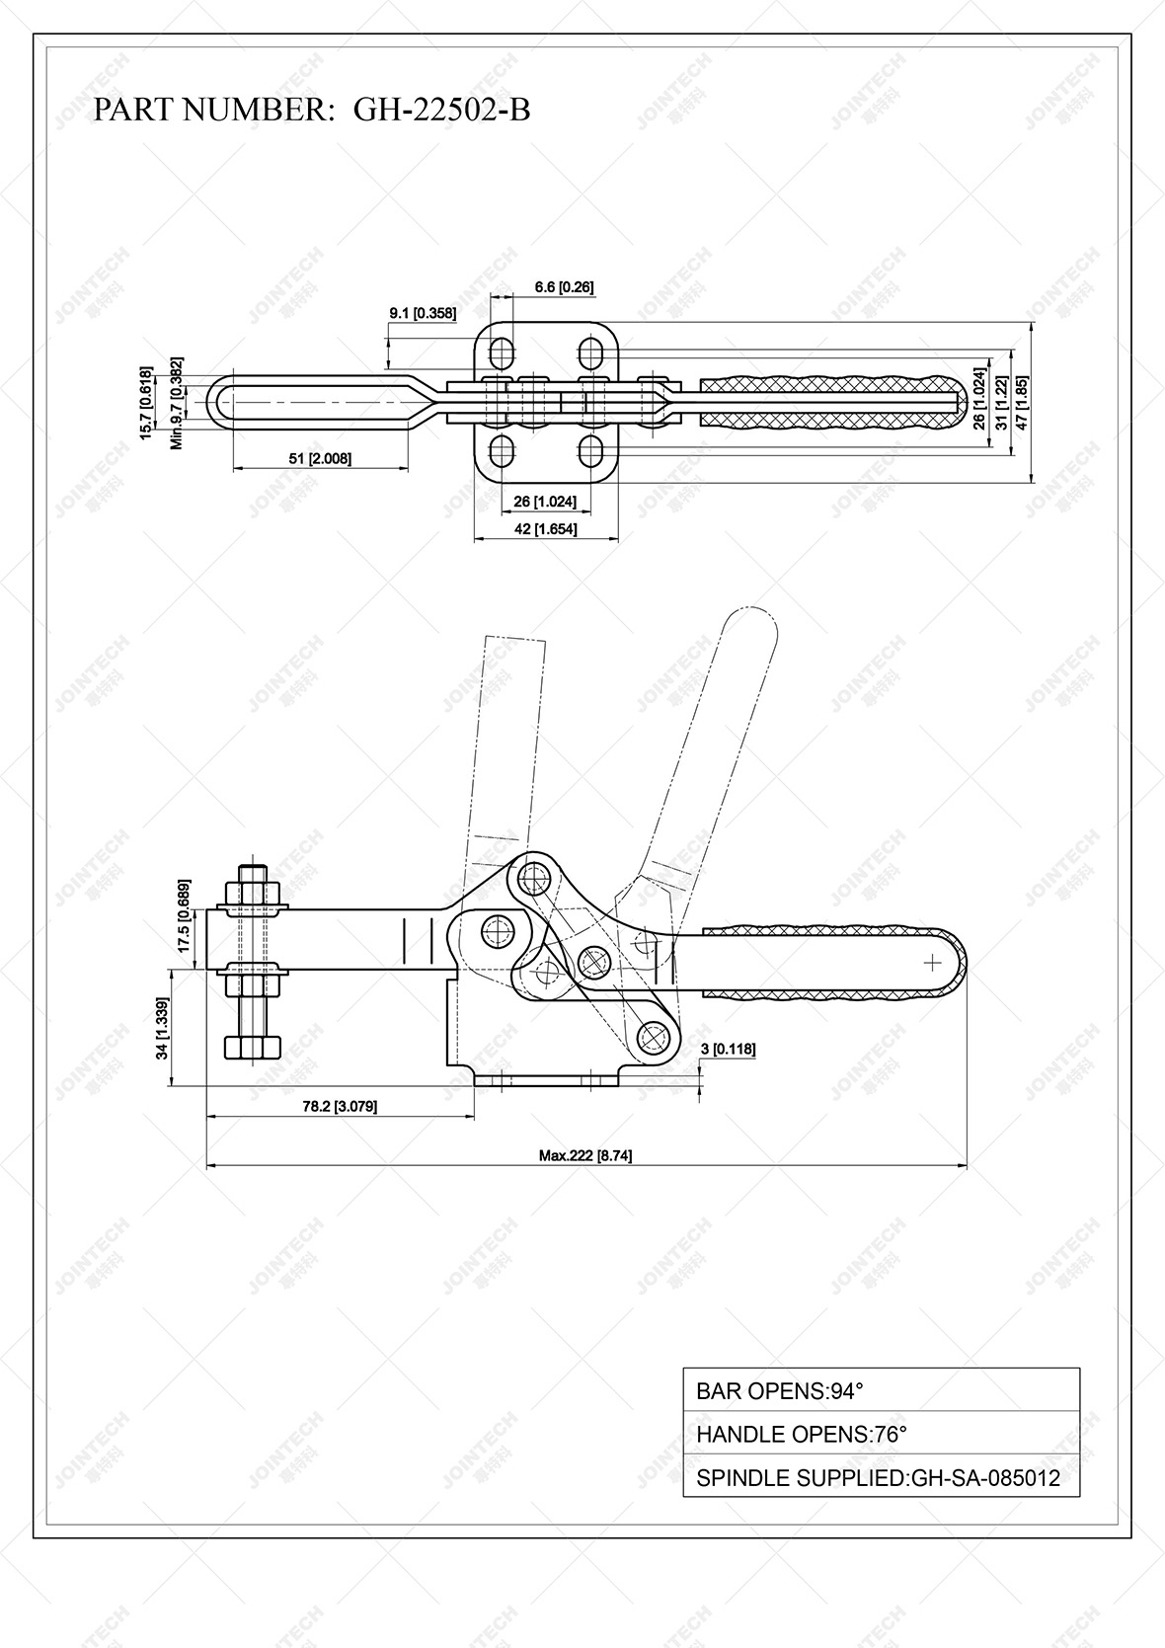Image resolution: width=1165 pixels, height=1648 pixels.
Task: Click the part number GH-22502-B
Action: tap(441, 110)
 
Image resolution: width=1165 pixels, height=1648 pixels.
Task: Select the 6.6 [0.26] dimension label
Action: tap(564, 287)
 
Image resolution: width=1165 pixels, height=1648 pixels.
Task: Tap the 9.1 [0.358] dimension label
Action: tap(423, 313)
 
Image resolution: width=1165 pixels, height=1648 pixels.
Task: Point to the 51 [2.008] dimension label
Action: tap(320, 458)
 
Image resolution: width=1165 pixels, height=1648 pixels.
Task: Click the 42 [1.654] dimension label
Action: tap(546, 529)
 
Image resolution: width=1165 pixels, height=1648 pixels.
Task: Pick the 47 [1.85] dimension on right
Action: tap(1023, 401)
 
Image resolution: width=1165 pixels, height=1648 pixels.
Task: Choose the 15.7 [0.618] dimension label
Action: tap(146, 403)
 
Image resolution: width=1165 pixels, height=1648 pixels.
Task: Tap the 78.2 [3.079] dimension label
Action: tap(340, 1106)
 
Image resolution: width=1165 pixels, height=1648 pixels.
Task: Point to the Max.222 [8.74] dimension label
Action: tap(585, 1154)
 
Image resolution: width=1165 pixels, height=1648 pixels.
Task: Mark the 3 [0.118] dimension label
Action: tap(728, 1049)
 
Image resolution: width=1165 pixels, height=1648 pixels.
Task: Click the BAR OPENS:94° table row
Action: tap(881, 1391)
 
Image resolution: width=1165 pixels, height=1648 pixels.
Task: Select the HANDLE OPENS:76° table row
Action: tap(881, 1434)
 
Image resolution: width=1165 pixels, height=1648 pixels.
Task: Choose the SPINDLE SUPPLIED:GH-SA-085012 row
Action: tap(881, 1477)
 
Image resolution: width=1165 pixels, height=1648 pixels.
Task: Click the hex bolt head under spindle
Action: tap(254, 1046)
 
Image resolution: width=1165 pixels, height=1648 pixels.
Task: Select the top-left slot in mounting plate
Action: tap(502, 352)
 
